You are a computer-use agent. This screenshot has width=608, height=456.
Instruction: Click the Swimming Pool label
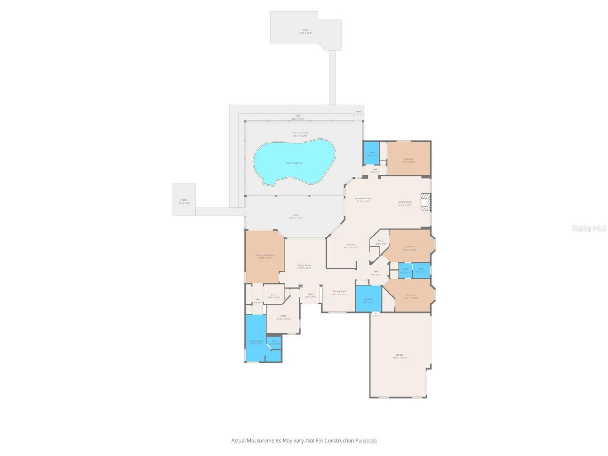[294, 163]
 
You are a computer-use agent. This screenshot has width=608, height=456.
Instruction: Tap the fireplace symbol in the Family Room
[426, 202]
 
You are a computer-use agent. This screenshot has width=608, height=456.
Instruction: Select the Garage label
[399, 355]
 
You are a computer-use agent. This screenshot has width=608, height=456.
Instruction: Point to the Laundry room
[369, 299]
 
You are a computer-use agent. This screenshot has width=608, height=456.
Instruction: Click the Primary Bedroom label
[265, 255]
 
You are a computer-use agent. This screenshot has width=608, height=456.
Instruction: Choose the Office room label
[284, 316]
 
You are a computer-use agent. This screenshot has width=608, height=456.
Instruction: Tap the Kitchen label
[351, 245]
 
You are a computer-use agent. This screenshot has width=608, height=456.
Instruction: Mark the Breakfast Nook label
[363, 199]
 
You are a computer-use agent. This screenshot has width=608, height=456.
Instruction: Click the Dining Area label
[339, 291]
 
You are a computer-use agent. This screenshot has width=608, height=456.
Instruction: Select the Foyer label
[311, 294]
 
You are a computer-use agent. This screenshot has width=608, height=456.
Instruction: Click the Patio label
[184, 200]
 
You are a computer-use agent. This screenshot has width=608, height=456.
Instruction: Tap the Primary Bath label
[256, 341]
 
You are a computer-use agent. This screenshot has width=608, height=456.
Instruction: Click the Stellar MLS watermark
[589, 228]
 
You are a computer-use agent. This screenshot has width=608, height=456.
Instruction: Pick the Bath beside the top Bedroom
[372, 152]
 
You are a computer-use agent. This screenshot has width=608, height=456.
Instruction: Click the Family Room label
[405, 202]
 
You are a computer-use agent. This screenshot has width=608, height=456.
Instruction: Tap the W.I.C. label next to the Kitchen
[380, 241]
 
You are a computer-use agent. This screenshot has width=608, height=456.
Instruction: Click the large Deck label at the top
[305, 30]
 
